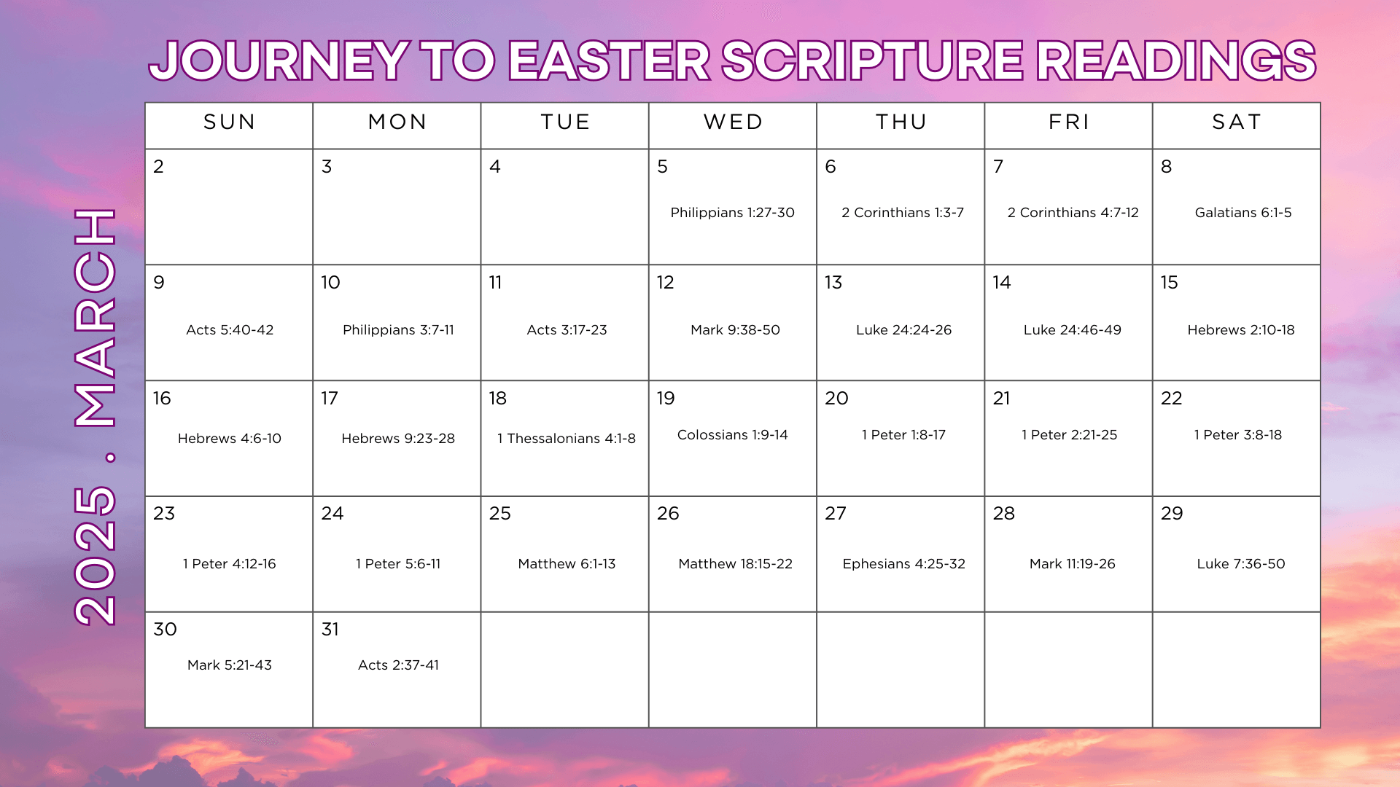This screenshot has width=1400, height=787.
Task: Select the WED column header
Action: click(x=733, y=122)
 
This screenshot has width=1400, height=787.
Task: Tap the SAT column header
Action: click(x=1237, y=122)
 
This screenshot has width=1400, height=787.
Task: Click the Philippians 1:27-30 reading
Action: click(x=732, y=212)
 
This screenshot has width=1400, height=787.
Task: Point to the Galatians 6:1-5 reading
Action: click(x=1243, y=212)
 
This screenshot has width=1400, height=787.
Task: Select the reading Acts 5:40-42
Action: click(x=230, y=329)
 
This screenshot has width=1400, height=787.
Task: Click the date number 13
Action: click(x=833, y=282)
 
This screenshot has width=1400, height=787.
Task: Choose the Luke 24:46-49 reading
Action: click(x=1072, y=329)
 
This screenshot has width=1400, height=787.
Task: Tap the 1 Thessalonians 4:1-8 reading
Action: click(x=567, y=438)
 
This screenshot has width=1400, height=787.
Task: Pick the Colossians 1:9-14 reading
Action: click(x=732, y=434)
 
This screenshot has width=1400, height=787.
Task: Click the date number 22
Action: click(x=1171, y=398)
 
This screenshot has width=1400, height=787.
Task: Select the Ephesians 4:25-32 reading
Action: click(x=903, y=563)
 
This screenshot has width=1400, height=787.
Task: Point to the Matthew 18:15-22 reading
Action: click(x=735, y=563)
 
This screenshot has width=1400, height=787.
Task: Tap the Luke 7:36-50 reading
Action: click(x=1240, y=563)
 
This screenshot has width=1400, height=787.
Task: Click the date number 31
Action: click(x=330, y=629)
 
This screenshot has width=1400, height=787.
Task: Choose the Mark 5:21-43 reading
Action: click(x=230, y=665)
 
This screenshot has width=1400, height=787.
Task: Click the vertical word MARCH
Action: click(x=95, y=318)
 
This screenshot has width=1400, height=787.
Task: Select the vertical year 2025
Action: click(x=95, y=555)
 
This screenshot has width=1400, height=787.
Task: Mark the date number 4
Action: click(x=495, y=166)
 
